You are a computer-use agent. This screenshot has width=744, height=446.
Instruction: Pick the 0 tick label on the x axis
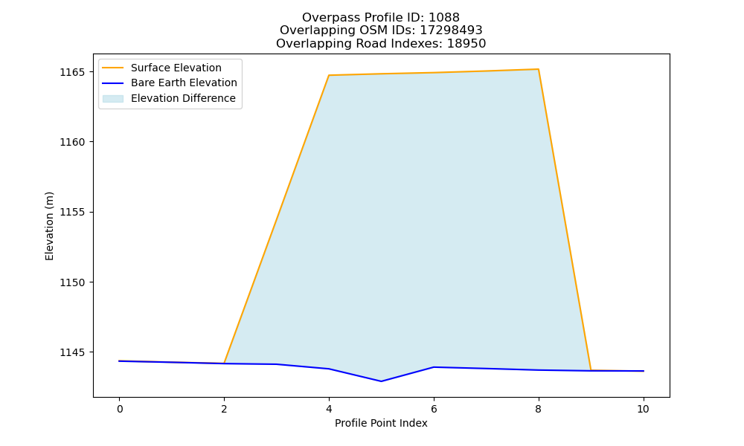click(120, 409)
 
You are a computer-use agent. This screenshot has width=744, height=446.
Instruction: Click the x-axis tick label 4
click(329, 409)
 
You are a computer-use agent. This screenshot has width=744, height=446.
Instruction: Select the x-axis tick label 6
click(434, 409)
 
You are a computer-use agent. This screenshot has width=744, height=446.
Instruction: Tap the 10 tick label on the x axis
click(643, 409)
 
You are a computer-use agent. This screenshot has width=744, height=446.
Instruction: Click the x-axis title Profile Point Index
click(381, 423)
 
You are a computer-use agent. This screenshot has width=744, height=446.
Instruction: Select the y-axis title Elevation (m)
click(49, 226)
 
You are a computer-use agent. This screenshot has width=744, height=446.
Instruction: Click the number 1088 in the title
click(444, 18)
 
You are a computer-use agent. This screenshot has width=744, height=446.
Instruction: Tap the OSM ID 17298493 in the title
click(451, 30)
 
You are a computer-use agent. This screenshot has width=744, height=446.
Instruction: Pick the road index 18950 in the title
click(466, 44)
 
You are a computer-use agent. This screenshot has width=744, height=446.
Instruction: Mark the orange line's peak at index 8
click(538, 69)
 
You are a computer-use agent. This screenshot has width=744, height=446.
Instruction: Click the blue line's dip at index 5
click(381, 381)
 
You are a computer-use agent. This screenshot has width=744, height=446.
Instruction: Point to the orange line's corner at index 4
click(329, 75)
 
